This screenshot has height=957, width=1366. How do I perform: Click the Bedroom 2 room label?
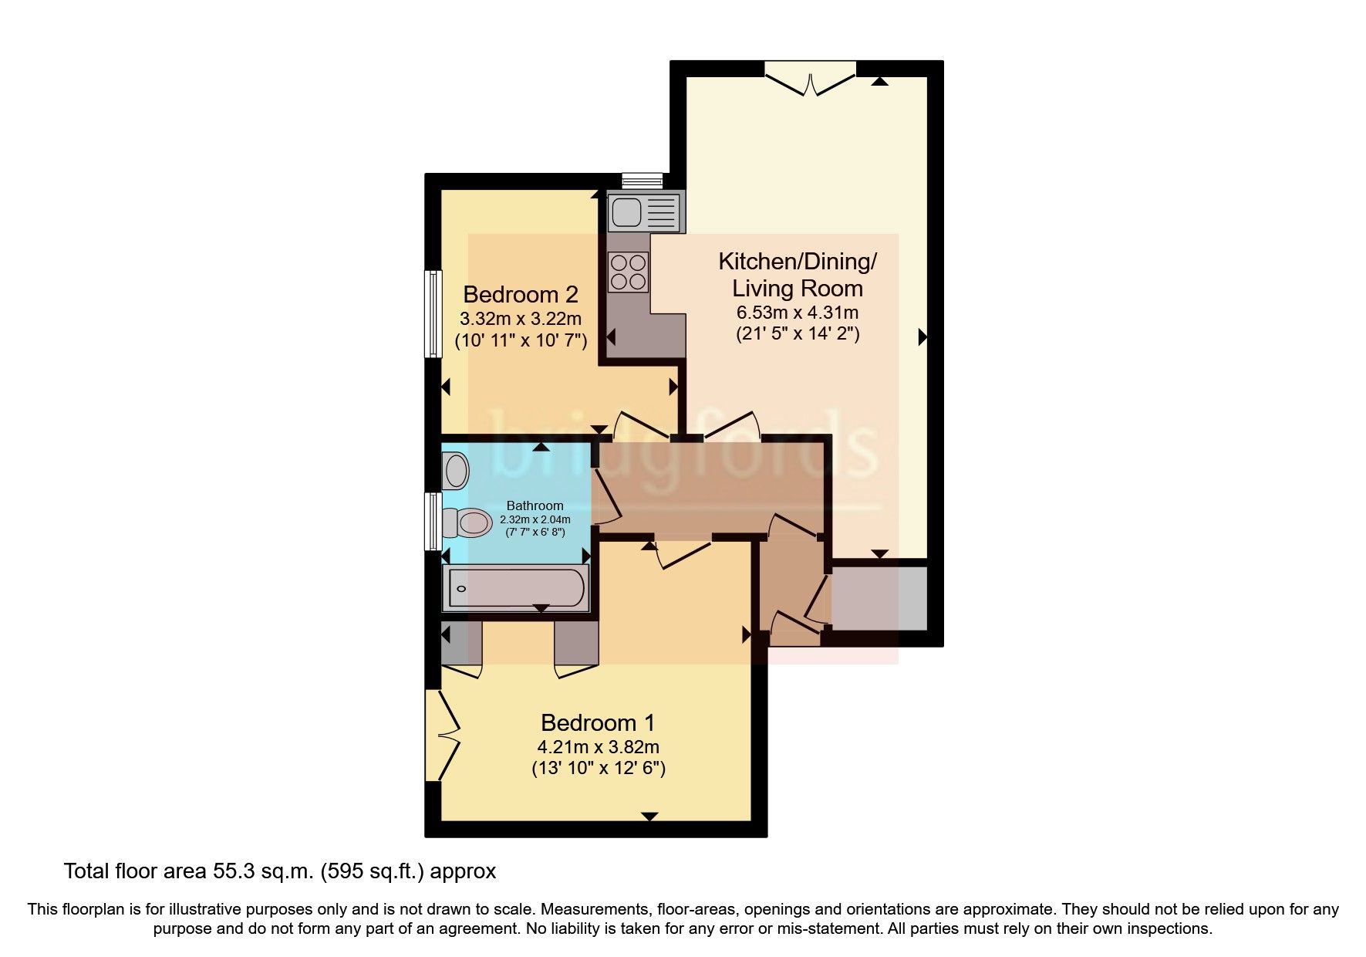click(x=521, y=294)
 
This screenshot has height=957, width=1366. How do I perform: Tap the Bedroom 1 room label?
click(x=598, y=722)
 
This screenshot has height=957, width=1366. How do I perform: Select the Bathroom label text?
click(x=535, y=506)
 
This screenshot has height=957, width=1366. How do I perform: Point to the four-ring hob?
click(x=629, y=272)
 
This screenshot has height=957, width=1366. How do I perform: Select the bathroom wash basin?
click(x=455, y=470)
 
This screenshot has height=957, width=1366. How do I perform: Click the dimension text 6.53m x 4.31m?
click(x=798, y=313)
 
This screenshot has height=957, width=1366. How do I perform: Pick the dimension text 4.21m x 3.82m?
click(x=598, y=747)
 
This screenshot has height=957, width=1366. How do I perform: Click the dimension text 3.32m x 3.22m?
click(x=521, y=318)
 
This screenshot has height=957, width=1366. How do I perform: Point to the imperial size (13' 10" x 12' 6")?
click(x=598, y=768)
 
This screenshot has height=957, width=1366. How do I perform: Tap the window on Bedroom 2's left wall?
click(x=434, y=313)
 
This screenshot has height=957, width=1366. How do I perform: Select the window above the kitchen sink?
click(x=642, y=181)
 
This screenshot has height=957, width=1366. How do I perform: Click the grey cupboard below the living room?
click(x=878, y=599)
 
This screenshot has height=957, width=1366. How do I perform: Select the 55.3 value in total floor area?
click(x=234, y=871)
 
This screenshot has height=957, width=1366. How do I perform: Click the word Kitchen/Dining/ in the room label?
click(x=797, y=261)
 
